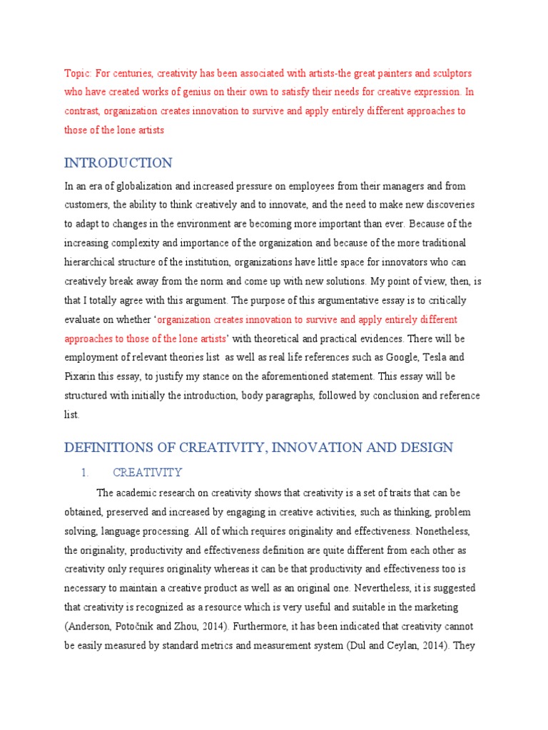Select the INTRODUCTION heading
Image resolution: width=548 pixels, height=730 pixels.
coord(118,163)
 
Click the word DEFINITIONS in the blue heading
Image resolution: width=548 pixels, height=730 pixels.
coord(109,448)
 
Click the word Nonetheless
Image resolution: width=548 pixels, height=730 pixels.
coord(440,531)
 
